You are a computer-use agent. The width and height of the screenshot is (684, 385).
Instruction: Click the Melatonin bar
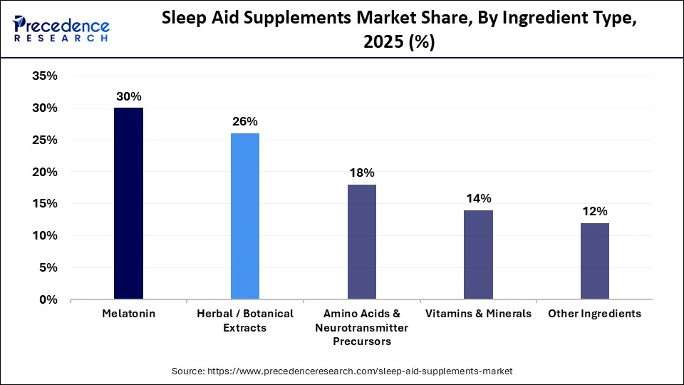(x=128, y=203)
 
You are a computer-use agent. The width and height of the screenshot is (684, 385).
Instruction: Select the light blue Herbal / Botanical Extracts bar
(x=245, y=216)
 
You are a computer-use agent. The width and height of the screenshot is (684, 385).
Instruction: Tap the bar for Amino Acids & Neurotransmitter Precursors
(x=361, y=242)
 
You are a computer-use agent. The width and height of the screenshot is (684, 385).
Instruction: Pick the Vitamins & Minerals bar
(x=478, y=255)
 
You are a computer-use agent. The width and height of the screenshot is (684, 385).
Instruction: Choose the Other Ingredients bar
(x=594, y=261)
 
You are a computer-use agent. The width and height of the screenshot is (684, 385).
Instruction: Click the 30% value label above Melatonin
(x=128, y=96)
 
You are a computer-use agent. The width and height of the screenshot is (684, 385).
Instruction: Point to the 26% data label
(x=245, y=122)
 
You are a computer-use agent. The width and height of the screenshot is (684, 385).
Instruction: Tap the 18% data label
(x=361, y=173)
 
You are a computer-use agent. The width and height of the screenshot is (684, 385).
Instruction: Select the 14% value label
(x=478, y=199)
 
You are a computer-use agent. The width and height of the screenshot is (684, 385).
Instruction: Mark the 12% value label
(x=594, y=212)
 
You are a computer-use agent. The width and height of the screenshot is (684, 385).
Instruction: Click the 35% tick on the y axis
(x=45, y=76)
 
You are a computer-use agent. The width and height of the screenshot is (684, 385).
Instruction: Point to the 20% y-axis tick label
(x=45, y=172)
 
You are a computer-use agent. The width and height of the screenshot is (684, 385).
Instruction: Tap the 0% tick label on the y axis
(x=48, y=300)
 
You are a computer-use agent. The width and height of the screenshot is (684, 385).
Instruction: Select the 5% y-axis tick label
(x=48, y=268)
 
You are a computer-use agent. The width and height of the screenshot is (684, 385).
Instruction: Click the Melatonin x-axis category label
(x=128, y=314)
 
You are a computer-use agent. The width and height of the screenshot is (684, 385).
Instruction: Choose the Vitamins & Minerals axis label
(x=478, y=314)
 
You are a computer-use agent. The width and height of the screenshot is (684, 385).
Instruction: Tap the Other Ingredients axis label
(x=594, y=314)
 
